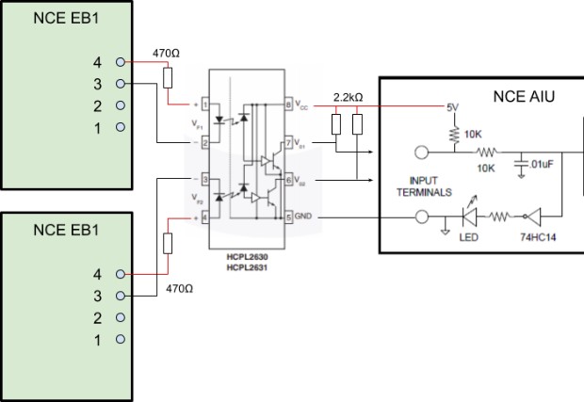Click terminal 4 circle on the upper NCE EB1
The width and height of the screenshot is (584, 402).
121,62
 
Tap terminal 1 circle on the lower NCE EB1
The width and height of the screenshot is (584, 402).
121,339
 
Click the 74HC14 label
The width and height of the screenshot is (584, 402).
536,237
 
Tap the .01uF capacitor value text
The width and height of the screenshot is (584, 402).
547,166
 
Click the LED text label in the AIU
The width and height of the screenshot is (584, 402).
468,237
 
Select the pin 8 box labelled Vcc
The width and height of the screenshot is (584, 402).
288,105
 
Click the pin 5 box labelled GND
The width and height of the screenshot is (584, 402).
288,217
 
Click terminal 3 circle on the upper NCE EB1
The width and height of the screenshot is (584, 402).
121,84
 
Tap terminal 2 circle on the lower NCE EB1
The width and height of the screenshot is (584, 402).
121,317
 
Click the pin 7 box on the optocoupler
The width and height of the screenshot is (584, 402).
288,142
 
